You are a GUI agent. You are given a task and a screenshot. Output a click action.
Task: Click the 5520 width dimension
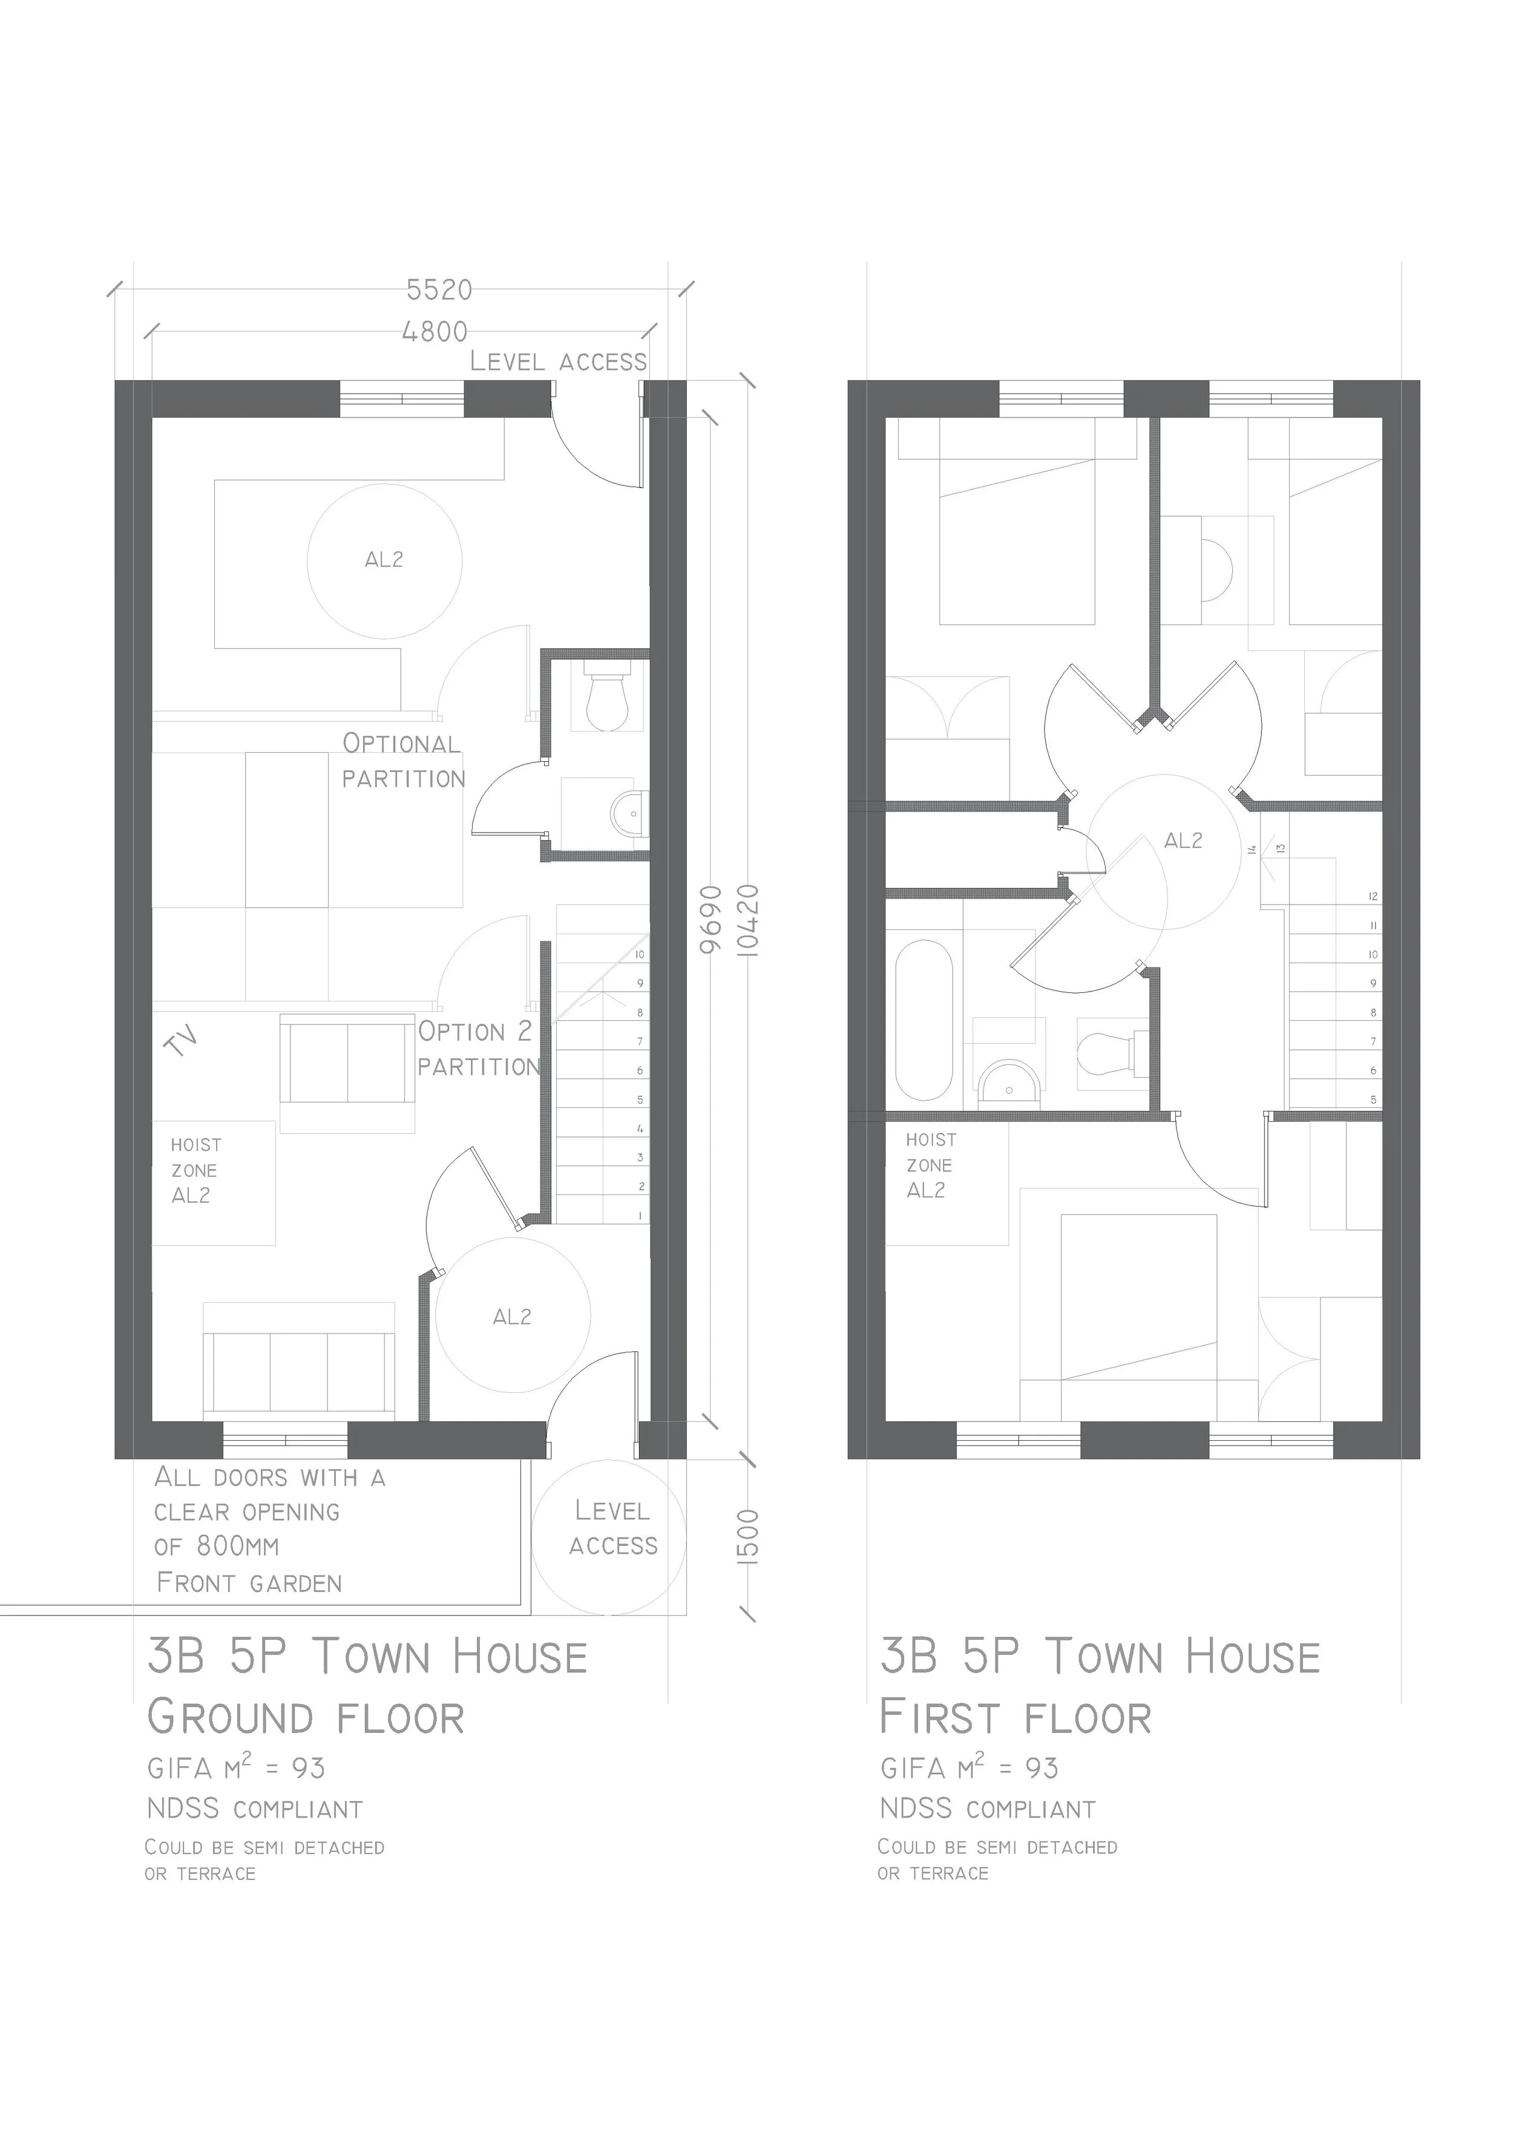[x=439, y=290]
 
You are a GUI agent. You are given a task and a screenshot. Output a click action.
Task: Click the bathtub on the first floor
[x=924, y=1020]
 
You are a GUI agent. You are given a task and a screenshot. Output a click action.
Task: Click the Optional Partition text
[x=402, y=761]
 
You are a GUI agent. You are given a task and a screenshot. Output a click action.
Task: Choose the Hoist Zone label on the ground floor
[x=195, y=1170]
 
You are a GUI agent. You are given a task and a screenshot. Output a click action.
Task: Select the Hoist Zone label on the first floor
[x=930, y=1165]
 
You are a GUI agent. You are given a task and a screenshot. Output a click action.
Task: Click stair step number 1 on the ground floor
[x=640, y=1216]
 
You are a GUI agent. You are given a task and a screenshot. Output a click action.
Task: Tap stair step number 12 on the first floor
[x=1373, y=896]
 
